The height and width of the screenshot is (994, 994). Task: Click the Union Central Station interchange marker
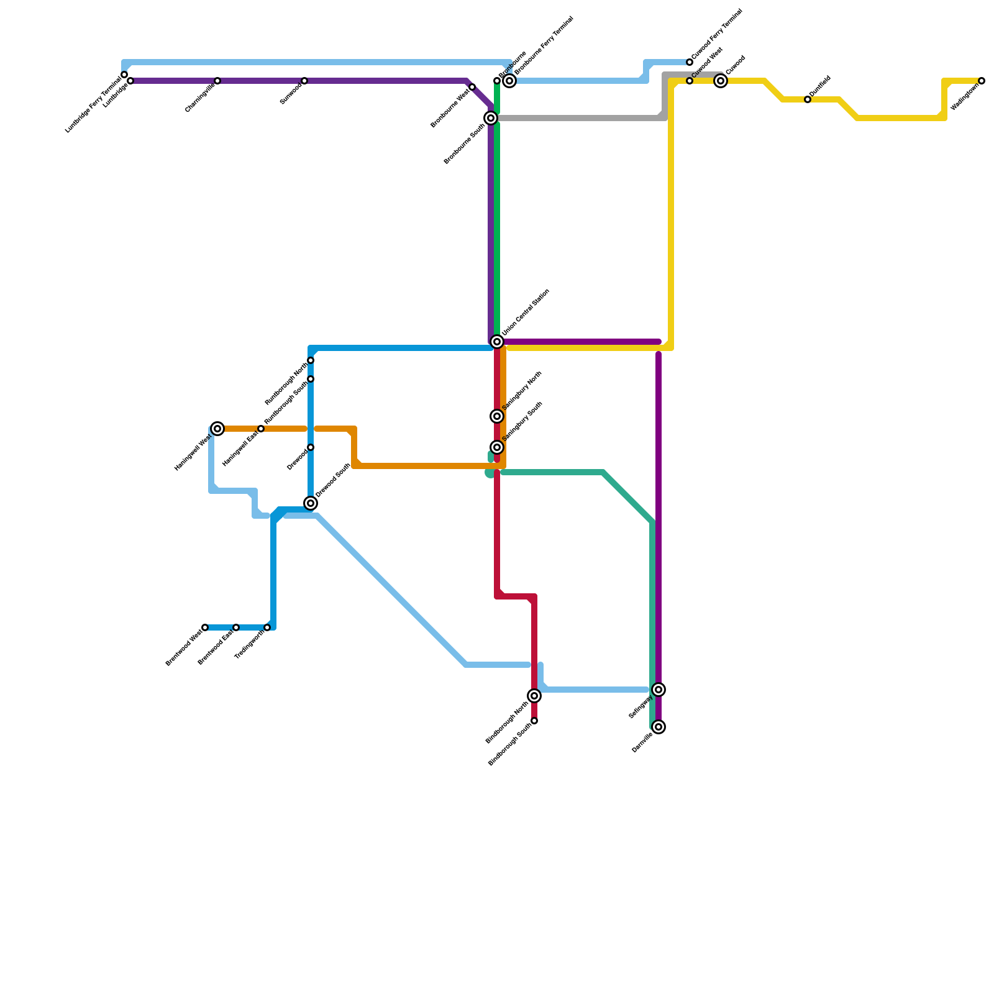click(x=497, y=342)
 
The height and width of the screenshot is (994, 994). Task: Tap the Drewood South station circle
click(x=311, y=503)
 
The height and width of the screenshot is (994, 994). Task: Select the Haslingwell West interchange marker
click(x=217, y=429)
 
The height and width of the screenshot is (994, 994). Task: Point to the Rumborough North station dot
click(x=311, y=360)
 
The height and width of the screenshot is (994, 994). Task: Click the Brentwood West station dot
click(x=205, y=627)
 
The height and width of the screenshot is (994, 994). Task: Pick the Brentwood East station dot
click(x=236, y=627)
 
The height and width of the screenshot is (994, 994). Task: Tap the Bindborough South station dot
click(x=534, y=721)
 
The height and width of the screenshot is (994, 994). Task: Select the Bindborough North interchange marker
click(x=534, y=696)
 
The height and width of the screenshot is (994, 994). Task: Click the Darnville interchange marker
click(x=659, y=727)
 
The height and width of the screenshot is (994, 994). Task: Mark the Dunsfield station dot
click(x=808, y=99)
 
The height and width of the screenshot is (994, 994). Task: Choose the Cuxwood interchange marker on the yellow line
click(x=721, y=81)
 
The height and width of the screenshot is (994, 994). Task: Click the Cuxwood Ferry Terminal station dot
click(x=690, y=62)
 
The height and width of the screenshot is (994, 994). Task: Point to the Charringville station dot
click(x=217, y=81)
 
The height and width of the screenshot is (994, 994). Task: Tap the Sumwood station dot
click(x=304, y=81)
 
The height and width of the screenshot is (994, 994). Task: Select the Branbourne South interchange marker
click(x=491, y=118)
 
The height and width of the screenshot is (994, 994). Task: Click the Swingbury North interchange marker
click(x=497, y=416)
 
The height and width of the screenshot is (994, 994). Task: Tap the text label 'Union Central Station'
click(x=526, y=313)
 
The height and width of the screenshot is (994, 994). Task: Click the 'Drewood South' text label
click(x=333, y=480)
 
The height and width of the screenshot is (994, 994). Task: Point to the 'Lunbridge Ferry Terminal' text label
click(x=93, y=104)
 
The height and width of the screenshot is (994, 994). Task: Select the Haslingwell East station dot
click(x=261, y=429)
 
